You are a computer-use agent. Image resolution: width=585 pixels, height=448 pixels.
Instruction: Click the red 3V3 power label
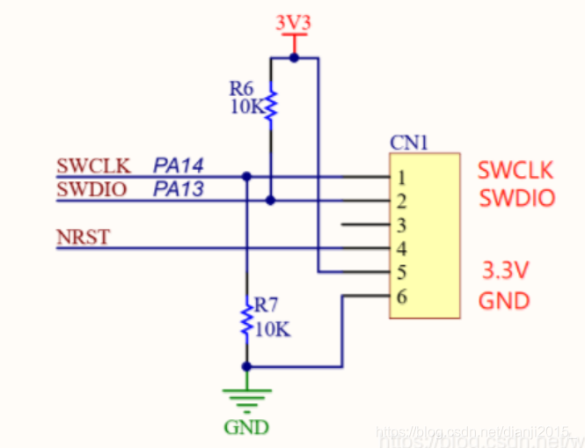(x=294, y=22)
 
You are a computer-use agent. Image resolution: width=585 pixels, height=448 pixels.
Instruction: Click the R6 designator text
(x=242, y=89)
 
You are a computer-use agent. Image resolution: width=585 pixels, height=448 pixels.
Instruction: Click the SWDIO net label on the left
(x=92, y=189)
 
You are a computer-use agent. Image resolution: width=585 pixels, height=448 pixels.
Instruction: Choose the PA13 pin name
(x=179, y=189)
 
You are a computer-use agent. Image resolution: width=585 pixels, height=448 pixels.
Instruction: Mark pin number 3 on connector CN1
(x=401, y=225)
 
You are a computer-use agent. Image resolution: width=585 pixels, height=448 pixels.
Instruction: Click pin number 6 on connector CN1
(x=401, y=297)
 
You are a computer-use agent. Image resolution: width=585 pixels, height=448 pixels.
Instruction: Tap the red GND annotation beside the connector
(x=504, y=301)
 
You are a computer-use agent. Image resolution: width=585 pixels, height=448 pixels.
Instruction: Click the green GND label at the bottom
(x=247, y=428)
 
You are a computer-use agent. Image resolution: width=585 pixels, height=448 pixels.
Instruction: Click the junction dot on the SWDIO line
(x=271, y=201)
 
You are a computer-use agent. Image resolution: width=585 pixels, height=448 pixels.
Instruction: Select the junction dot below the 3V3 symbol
(x=294, y=58)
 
